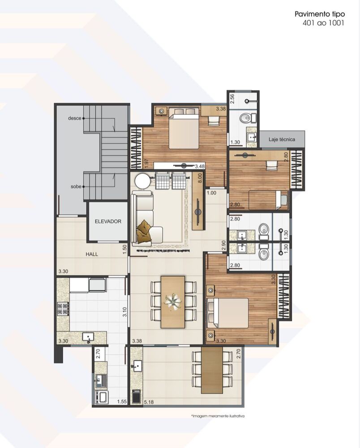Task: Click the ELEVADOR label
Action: (x=108, y=221)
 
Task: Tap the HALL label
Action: (x=92, y=254)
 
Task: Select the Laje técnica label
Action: (x=282, y=139)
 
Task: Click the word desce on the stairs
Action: (x=74, y=118)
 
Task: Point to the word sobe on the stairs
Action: (x=76, y=186)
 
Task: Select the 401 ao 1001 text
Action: (x=323, y=23)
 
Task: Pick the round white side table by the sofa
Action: (x=143, y=181)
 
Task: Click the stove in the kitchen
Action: (x=63, y=309)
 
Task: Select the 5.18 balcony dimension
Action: (x=149, y=402)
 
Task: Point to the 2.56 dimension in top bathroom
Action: (x=232, y=99)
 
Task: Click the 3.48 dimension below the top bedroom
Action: (x=200, y=166)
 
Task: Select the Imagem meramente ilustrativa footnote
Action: (x=218, y=416)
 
